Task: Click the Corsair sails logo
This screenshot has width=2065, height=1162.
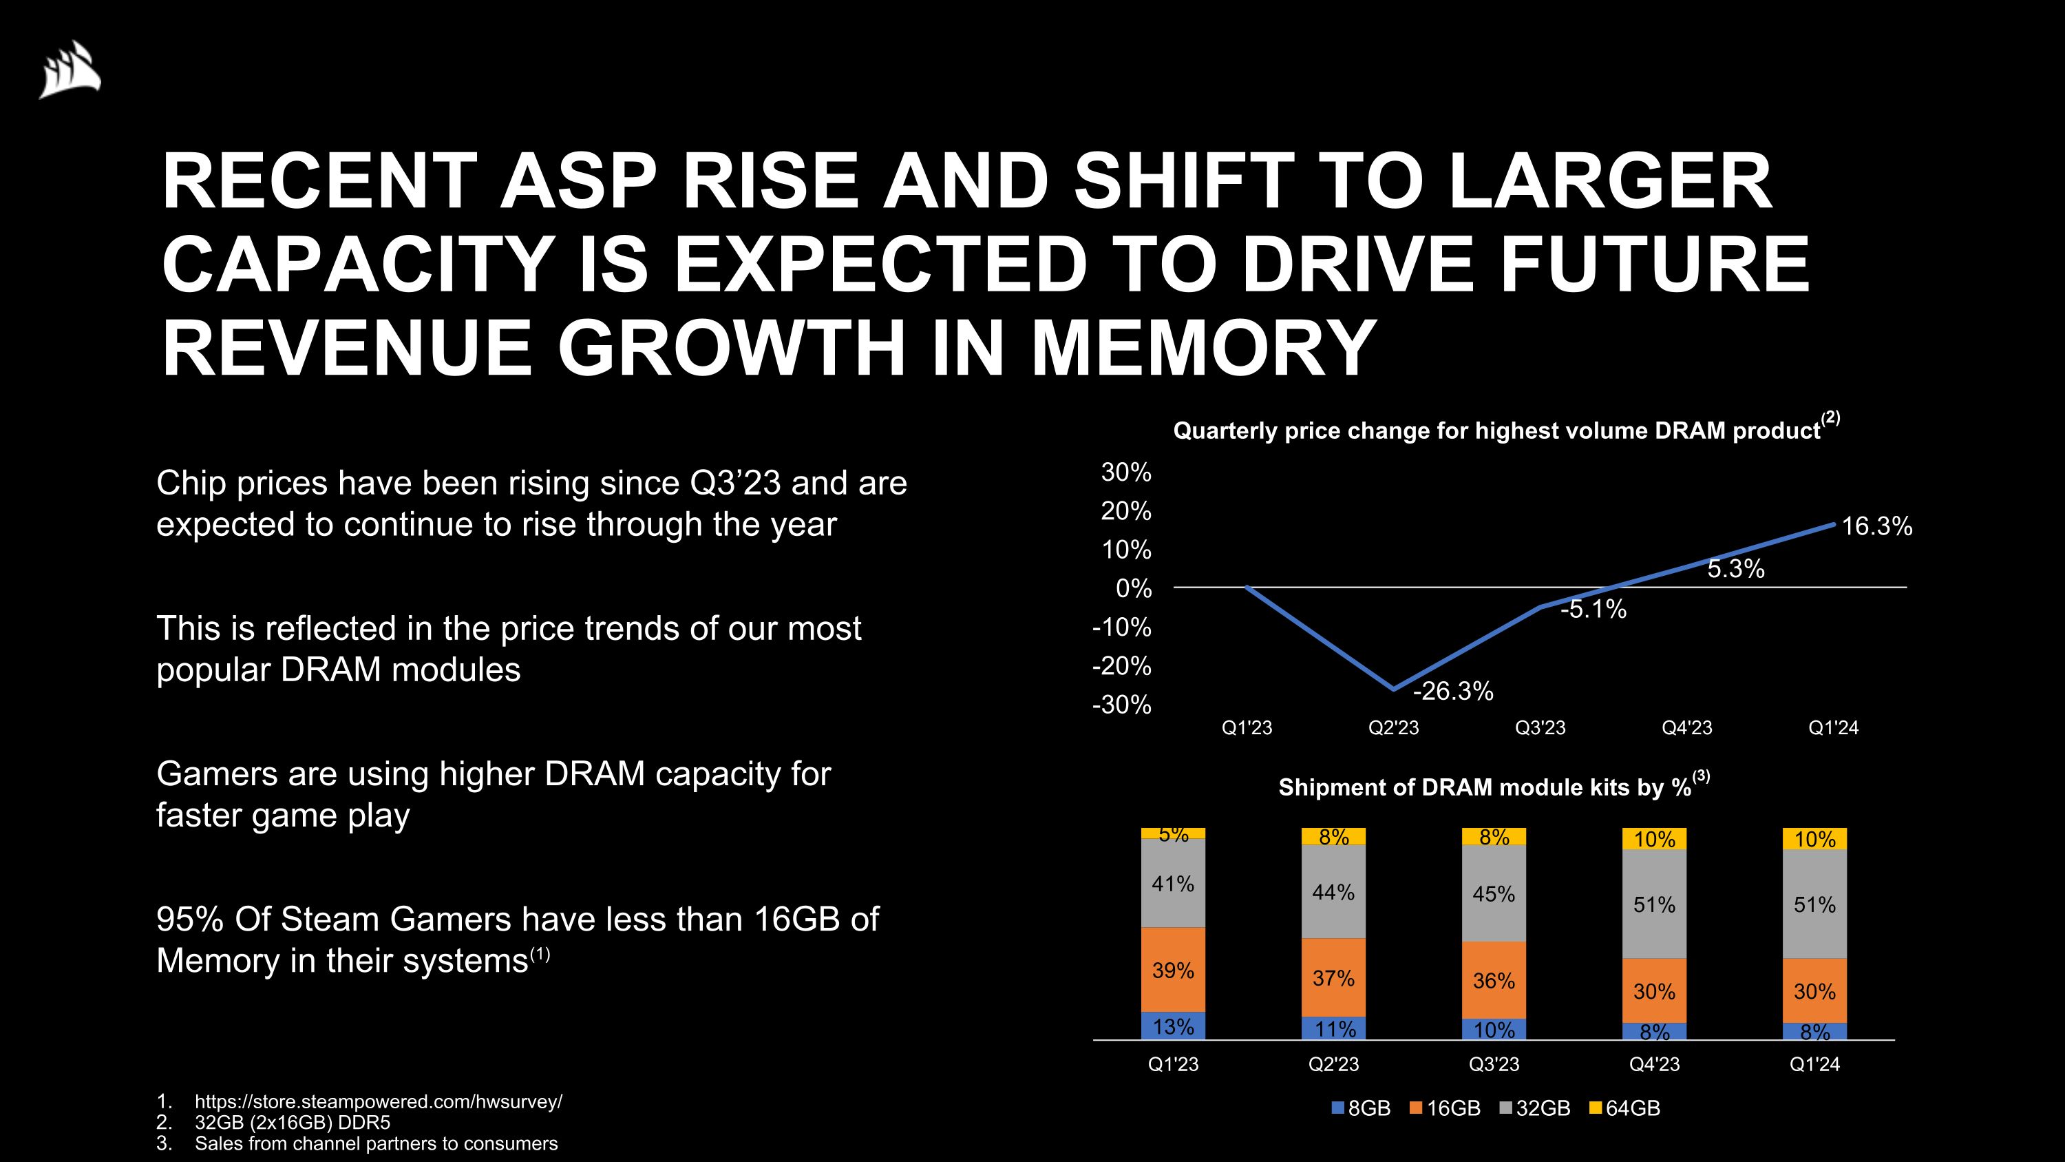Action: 70,70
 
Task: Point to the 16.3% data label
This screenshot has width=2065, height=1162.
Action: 1876,526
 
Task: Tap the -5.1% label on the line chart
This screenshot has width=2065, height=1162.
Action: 1593,610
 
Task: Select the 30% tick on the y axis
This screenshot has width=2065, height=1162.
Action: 1125,473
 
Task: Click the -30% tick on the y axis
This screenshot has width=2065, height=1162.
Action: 1121,705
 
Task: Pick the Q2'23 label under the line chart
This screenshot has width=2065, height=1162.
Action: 1393,727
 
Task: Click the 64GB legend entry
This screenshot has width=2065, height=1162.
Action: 1625,1108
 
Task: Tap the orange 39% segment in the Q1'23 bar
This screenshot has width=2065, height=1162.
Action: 1173,970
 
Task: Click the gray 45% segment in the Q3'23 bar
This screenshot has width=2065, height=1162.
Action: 1494,893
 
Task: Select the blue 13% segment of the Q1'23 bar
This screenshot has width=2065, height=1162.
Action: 1173,1026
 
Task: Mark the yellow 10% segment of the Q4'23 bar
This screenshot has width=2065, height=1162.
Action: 1654,839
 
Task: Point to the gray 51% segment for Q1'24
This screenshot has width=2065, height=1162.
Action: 1814,904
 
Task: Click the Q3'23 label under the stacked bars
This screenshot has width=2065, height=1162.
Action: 1494,1064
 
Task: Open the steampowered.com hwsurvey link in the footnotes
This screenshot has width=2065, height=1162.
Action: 379,1101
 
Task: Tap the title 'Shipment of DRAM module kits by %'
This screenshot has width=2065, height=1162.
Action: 1485,787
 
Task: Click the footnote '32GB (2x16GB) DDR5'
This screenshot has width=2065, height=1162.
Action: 292,1122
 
